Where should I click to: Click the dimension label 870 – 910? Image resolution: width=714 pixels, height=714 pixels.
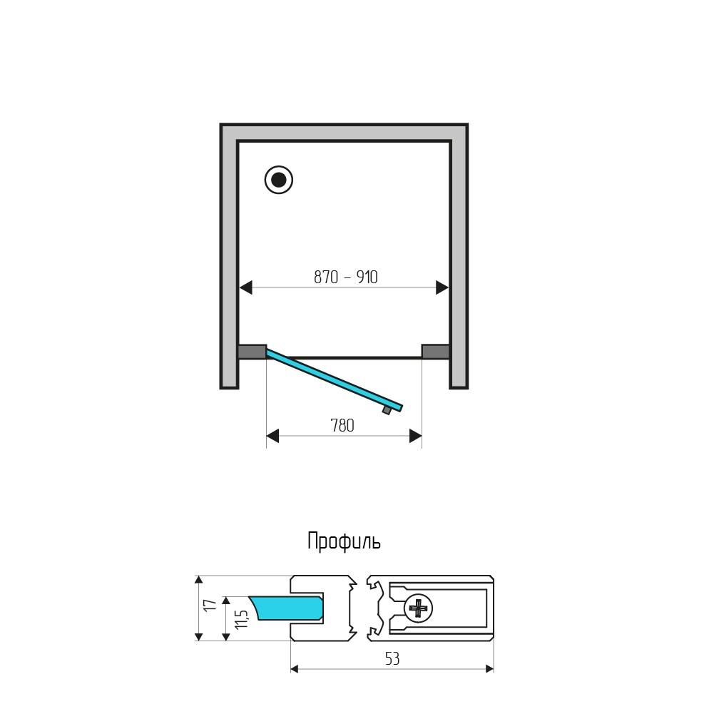(x=346, y=277)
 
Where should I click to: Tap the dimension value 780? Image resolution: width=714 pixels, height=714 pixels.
(x=342, y=426)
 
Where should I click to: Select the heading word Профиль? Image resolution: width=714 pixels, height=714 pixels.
(x=344, y=541)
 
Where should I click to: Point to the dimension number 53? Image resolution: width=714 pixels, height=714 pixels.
(x=392, y=659)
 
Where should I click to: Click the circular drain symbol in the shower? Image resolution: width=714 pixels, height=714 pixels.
(x=279, y=180)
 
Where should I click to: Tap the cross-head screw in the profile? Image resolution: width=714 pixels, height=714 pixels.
(x=417, y=608)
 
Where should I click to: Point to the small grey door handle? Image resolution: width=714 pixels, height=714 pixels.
(x=387, y=410)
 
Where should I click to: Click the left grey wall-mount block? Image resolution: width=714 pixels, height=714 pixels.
(x=251, y=352)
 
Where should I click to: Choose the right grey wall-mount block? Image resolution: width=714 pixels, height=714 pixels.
(x=435, y=352)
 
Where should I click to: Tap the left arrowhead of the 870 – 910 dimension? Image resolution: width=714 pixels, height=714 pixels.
(x=246, y=287)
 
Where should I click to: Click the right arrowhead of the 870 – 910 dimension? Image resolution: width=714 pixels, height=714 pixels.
(x=442, y=287)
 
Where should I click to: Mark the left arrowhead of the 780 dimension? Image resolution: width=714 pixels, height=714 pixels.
(x=272, y=436)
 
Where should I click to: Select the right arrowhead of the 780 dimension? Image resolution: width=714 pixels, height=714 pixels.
(x=415, y=436)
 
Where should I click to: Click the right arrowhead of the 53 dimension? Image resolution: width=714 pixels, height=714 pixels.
(x=489, y=668)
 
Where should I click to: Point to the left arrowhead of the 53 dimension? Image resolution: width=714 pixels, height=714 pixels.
(x=296, y=668)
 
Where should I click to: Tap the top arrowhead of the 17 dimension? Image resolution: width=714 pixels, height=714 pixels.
(x=198, y=580)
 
